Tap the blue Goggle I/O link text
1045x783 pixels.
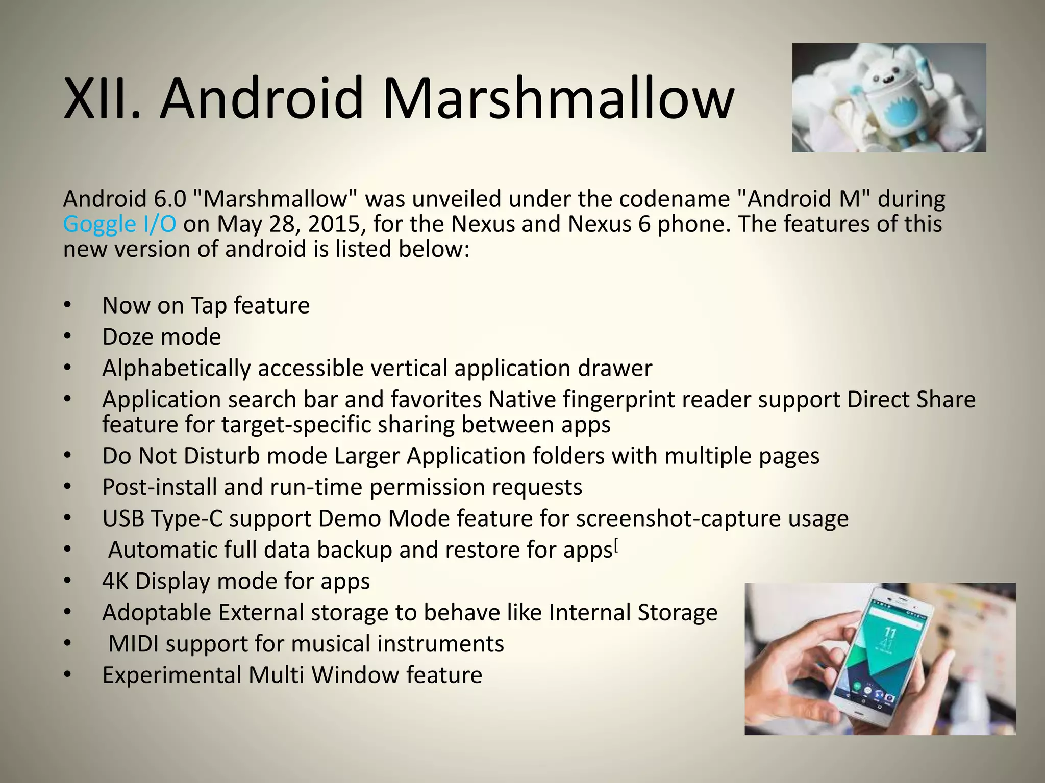tap(119, 224)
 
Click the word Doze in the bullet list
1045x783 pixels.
tap(130, 337)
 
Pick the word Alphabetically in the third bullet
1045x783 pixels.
tap(176, 369)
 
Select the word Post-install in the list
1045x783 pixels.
tap(160, 487)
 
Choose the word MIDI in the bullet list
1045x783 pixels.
tap(133, 644)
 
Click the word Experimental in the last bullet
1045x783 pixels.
tap(172, 675)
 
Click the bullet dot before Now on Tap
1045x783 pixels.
tap(68, 306)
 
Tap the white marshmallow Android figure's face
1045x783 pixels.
tap(884, 79)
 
